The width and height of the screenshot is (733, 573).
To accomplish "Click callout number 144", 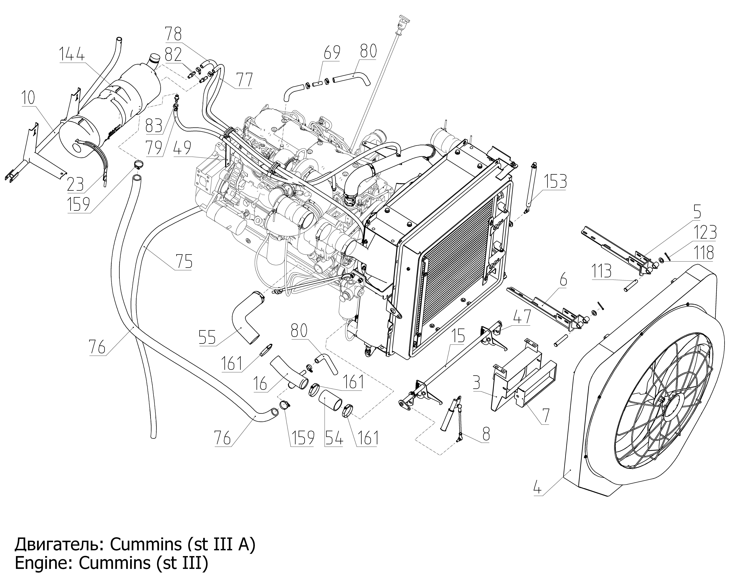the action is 72,54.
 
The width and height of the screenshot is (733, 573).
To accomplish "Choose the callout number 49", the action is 183,148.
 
